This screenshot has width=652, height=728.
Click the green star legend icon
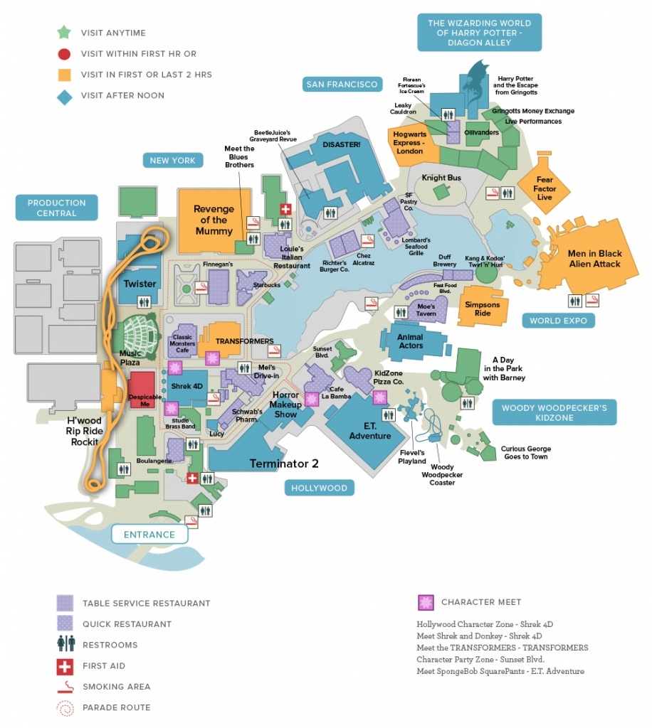tap(65, 32)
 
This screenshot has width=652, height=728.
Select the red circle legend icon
tap(65, 53)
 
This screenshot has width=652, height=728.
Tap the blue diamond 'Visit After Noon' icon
tap(65, 96)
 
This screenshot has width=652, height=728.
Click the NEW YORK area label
tap(172, 161)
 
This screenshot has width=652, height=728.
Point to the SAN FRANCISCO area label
tap(342, 85)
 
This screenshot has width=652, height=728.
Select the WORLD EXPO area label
tap(558, 321)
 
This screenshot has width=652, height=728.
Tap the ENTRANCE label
tap(149, 535)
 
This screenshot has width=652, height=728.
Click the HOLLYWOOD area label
tap(319, 488)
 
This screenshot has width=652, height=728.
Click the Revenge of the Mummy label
tap(214, 220)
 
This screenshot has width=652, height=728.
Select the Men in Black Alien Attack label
tap(594, 258)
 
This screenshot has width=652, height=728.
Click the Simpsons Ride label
tap(483, 309)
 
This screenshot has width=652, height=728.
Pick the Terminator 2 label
tap(283, 464)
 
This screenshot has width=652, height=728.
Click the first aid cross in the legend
tap(65, 666)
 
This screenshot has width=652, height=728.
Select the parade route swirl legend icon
tap(65, 707)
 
